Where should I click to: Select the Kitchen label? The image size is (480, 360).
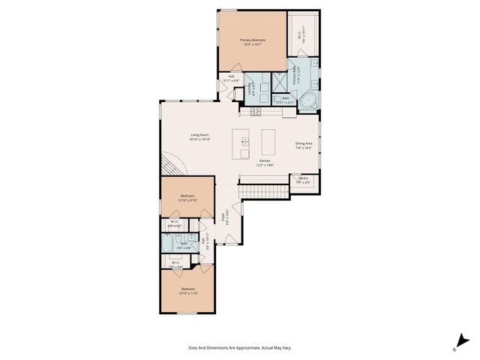(265, 161)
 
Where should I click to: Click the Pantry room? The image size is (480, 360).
(302, 181)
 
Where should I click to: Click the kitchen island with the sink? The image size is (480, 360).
(243, 143)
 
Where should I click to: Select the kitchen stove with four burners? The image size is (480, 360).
(253, 112)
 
